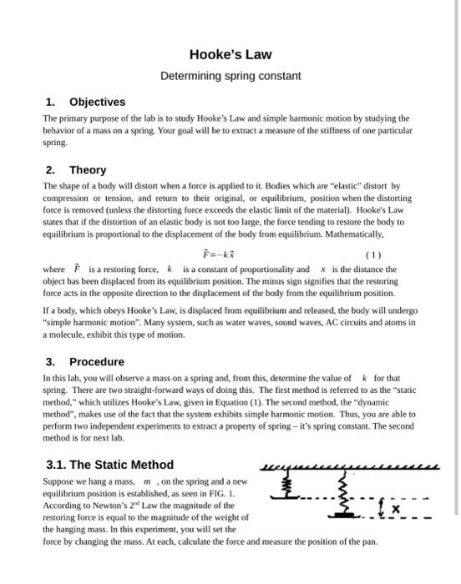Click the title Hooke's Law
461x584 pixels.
(x=230, y=54)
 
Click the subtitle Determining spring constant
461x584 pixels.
(x=230, y=76)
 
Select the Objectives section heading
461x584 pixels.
(x=97, y=102)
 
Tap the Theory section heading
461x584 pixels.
(x=88, y=169)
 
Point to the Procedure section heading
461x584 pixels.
(x=96, y=361)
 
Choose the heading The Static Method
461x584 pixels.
(x=109, y=465)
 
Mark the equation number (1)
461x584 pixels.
(x=373, y=255)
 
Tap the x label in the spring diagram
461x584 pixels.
(x=396, y=507)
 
